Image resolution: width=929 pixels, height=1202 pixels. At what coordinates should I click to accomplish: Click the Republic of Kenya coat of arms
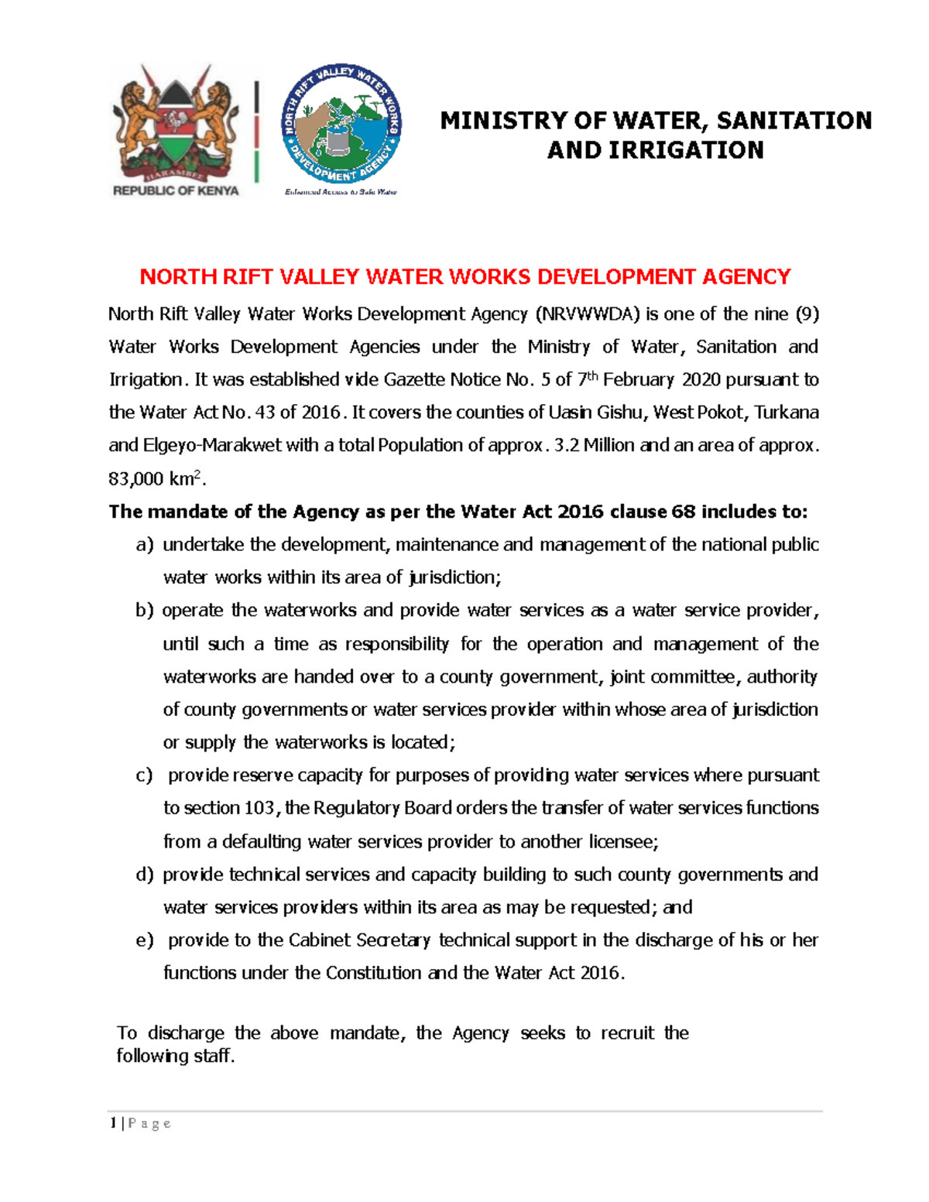[x=174, y=124]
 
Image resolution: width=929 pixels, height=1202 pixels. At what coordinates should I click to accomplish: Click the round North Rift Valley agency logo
[x=341, y=125]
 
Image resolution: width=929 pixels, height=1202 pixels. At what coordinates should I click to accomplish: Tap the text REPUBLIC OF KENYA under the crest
[x=176, y=190]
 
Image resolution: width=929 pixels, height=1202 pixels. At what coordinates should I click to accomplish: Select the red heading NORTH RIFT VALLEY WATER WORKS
[x=464, y=276]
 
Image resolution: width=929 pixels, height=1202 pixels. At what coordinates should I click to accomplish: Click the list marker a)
[x=145, y=545]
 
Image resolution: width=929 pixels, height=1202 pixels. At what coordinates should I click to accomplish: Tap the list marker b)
[x=145, y=611]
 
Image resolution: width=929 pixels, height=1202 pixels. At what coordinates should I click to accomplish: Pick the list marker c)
[x=144, y=776]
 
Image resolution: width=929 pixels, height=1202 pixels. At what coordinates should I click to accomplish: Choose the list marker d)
[x=145, y=875]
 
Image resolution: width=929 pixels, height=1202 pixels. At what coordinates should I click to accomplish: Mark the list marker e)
[x=144, y=940]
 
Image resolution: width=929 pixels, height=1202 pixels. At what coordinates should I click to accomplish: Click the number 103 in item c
[x=259, y=808]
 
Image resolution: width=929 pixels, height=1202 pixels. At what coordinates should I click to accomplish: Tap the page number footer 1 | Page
[x=140, y=1124]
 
